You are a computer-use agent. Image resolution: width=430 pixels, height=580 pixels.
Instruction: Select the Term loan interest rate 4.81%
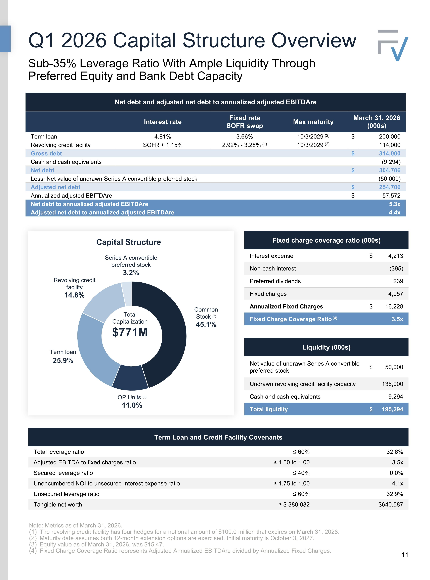pos(163,137)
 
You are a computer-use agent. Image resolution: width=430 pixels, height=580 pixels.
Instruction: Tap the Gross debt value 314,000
pos(390,153)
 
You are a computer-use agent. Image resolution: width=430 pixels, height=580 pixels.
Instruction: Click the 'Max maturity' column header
pos(313,122)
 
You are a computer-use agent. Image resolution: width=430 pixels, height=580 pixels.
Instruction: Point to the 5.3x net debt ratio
pos(395,204)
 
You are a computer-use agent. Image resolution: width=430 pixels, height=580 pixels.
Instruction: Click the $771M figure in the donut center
pos(130,332)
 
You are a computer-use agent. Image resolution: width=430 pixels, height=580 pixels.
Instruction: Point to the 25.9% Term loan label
pos(63,361)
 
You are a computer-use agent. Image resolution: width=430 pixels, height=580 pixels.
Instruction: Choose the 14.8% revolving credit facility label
pos(74,295)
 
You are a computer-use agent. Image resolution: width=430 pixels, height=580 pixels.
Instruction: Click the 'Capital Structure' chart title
pos(129,242)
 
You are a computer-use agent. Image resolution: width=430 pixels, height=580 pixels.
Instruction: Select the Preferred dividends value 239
pos(398,281)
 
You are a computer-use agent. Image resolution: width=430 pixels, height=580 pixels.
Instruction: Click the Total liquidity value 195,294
pos(392,409)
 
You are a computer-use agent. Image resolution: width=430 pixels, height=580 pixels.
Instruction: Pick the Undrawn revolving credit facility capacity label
pos(302,384)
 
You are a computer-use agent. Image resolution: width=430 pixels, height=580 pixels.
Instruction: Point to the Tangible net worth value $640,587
pos(391,504)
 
